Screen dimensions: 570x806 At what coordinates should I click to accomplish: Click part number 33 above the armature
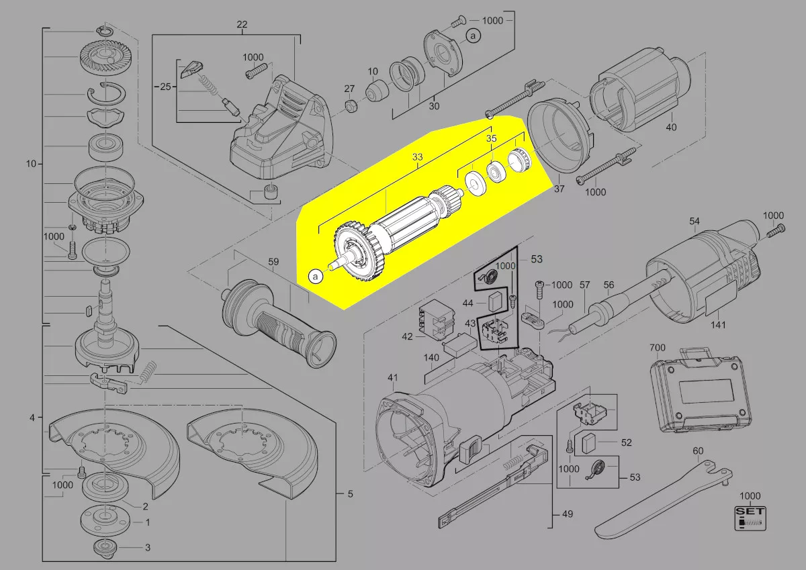click(x=418, y=158)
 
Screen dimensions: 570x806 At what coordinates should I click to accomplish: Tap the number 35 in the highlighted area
click(x=492, y=139)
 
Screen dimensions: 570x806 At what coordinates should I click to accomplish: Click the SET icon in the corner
click(x=750, y=516)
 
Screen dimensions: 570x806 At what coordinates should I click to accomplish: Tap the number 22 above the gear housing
click(x=242, y=25)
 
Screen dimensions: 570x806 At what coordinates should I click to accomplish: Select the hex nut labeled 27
click(x=349, y=105)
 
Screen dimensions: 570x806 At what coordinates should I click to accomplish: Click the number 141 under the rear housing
click(x=719, y=326)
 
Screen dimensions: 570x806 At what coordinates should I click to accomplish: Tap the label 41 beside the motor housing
click(x=393, y=377)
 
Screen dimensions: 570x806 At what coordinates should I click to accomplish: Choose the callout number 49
click(x=568, y=515)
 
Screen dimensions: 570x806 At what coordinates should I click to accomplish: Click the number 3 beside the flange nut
click(x=147, y=547)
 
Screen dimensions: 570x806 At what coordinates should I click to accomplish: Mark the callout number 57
click(x=584, y=285)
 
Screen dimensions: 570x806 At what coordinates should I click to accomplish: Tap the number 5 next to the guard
click(x=349, y=495)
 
